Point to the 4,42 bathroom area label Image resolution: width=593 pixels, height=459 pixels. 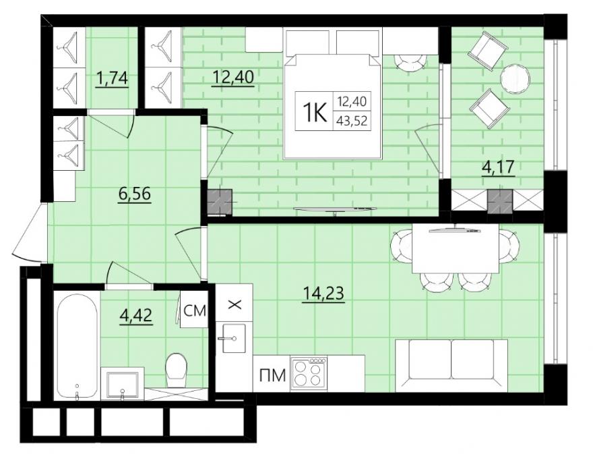(x=135, y=315)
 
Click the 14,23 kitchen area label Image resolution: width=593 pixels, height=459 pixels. (x=323, y=293)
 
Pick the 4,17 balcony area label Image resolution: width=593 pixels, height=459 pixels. (x=498, y=167)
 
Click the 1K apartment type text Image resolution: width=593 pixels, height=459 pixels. (x=314, y=113)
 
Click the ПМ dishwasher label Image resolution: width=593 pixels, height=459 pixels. (x=272, y=376)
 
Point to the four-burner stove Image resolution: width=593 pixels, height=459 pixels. (x=308, y=373)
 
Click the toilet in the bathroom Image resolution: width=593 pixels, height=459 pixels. (x=177, y=371)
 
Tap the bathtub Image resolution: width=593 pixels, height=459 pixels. (x=76, y=346)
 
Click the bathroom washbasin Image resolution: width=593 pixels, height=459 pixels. (x=122, y=385)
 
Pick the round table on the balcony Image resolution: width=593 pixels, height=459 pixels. (x=515, y=80)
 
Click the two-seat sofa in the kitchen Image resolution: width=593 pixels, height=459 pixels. (x=451, y=365)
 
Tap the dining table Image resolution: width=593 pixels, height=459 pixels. (x=456, y=248)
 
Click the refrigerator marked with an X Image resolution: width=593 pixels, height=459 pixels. (x=234, y=303)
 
